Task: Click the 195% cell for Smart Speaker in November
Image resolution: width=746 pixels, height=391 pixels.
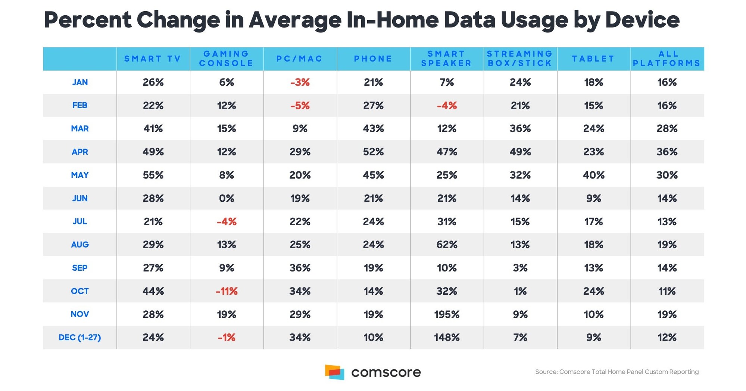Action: (447, 314)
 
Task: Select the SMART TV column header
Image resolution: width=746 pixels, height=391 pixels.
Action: (153, 59)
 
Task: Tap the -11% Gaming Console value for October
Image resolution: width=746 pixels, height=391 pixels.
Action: (227, 291)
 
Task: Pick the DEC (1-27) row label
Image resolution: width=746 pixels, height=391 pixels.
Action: (80, 338)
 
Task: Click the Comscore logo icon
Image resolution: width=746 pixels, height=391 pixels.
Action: (335, 372)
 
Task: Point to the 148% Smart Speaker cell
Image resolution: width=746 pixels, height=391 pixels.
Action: (447, 338)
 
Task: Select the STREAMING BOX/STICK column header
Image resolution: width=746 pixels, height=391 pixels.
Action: (520, 59)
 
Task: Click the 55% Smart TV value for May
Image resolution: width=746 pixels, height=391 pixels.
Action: (153, 175)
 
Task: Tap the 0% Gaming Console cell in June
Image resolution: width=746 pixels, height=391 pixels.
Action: (227, 198)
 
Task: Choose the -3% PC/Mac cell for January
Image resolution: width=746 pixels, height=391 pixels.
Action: (300, 83)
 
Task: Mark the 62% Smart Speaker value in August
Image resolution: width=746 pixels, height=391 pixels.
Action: (447, 245)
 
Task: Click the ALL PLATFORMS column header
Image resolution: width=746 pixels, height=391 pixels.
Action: (667, 59)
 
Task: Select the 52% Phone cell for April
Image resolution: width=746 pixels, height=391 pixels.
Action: (373, 152)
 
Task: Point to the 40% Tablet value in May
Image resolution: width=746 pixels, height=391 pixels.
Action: (593, 175)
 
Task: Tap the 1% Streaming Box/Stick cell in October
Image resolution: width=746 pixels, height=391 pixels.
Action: (520, 291)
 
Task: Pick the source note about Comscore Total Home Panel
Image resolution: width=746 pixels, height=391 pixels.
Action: (617, 372)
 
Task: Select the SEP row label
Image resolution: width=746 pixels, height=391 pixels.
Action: (80, 268)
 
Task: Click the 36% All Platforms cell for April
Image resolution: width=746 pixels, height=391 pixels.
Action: (667, 152)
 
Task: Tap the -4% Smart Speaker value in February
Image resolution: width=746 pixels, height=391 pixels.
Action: (447, 106)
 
